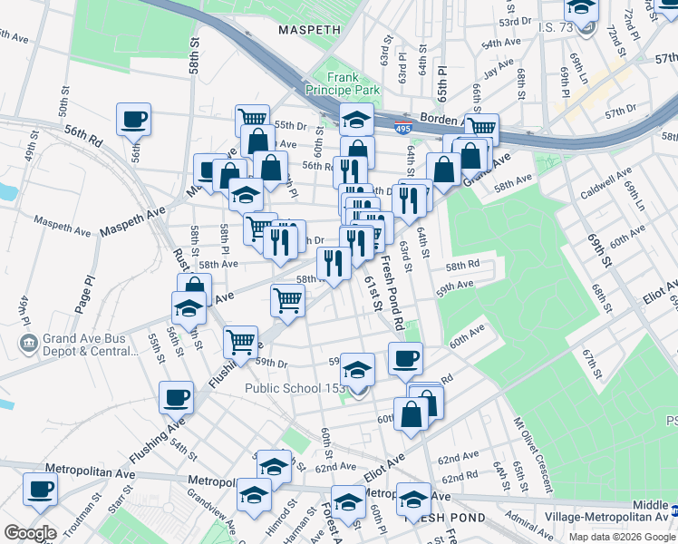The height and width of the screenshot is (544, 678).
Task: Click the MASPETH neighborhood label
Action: point(304,30)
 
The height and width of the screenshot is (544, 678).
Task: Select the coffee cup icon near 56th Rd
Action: point(133,120)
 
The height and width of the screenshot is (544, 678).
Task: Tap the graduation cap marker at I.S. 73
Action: point(581,9)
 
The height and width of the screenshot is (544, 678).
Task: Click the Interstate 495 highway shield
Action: point(401,131)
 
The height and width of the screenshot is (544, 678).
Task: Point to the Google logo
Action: point(30,533)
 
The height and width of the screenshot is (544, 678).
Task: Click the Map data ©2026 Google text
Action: point(621,537)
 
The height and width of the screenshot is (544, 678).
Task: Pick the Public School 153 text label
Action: point(295,389)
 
